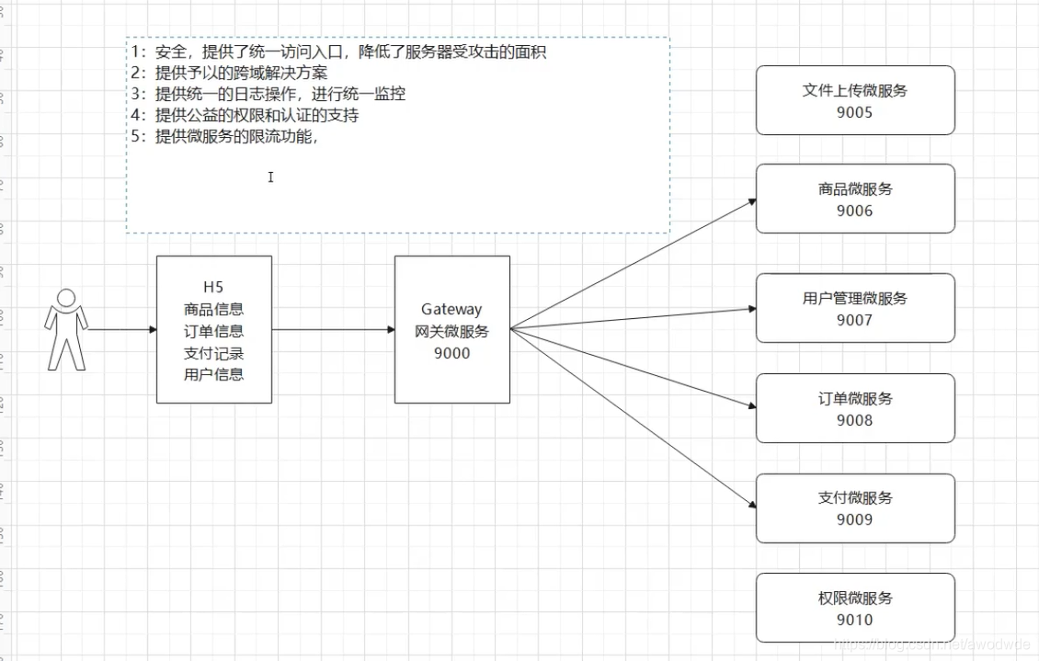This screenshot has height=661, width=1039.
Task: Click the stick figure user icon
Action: pyautogui.click(x=66, y=330)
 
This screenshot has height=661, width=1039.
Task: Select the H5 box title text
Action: pyautogui.click(x=213, y=287)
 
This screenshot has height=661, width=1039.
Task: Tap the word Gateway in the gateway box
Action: pyautogui.click(x=451, y=309)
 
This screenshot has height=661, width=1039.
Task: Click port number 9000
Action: pyautogui.click(x=451, y=353)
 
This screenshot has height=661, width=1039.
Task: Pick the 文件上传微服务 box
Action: pyautogui.click(x=855, y=100)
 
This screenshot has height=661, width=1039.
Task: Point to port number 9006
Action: pyautogui.click(x=855, y=211)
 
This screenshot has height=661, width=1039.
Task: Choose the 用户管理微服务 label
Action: pyautogui.click(x=855, y=298)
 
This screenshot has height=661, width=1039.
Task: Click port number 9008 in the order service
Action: pyautogui.click(x=855, y=420)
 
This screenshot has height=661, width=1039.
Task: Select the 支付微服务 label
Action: pyautogui.click(x=855, y=497)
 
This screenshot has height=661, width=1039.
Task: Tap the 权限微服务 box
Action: pyautogui.click(x=855, y=608)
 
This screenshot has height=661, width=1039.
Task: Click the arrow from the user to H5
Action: pyautogui.click(x=122, y=329)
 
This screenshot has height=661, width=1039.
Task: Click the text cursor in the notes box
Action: pyautogui.click(x=270, y=177)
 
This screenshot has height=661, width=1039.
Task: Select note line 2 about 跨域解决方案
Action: pyautogui.click(x=229, y=73)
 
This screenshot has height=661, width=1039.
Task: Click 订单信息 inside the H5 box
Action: pyautogui.click(x=213, y=331)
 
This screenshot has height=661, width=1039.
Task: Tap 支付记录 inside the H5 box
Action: pyautogui.click(x=213, y=353)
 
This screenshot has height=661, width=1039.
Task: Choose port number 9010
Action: pyautogui.click(x=855, y=620)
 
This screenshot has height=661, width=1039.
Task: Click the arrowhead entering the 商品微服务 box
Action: pyautogui.click(x=751, y=201)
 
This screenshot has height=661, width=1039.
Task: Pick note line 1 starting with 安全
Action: pyautogui.click(x=338, y=51)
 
